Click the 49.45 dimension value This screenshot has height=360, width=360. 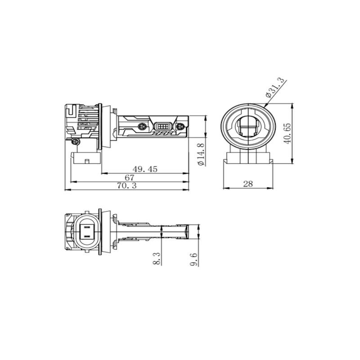(145, 169)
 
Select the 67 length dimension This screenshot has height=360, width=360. (129, 177)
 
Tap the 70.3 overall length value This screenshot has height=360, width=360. (126, 185)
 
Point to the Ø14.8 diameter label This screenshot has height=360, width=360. (201, 154)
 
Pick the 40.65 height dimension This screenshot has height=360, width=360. (288, 134)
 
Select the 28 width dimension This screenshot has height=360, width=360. (248, 184)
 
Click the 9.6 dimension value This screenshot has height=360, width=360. (193, 260)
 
